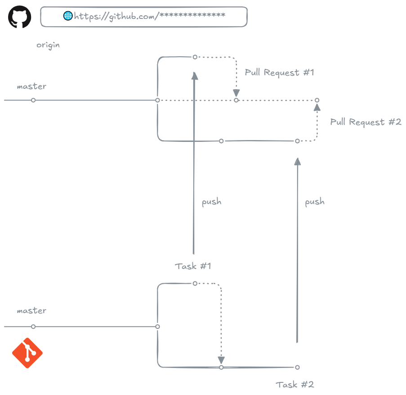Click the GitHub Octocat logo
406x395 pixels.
pyautogui.click(x=20, y=17)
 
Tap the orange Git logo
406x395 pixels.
pyautogui.click(x=27, y=353)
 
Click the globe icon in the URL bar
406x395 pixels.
pyautogui.click(x=68, y=16)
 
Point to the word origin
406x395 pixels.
pyautogui.click(x=48, y=45)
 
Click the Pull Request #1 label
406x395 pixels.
pyautogui.click(x=279, y=73)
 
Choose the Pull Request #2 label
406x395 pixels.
pyautogui.click(x=366, y=122)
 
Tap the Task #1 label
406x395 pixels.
pyautogui.click(x=193, y=266)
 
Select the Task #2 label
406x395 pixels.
pyautogui.click(x=294, y=385)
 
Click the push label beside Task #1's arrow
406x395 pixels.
pyautogui.click(x=211, y=202)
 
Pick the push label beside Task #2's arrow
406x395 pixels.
pyautogui.click(x=315, y=202)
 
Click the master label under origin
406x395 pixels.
pyautogui.click(x=31, y=86)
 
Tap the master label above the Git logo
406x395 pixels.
pyautogui.click(x=31, y=311)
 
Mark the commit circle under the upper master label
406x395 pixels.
pyautogui.click(x=33, y=100)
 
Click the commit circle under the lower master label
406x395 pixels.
pyautogui.click(x=33, y=327)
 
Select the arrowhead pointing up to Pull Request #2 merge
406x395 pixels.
pyautogui.click(x=317, y=107)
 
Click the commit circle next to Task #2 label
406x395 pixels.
pyautogui.click(x=297, y=368)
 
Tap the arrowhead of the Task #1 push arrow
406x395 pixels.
pyautogui.click(x=195, y=76)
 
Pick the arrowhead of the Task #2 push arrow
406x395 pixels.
pyautogui.click(x=297, y=162)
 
